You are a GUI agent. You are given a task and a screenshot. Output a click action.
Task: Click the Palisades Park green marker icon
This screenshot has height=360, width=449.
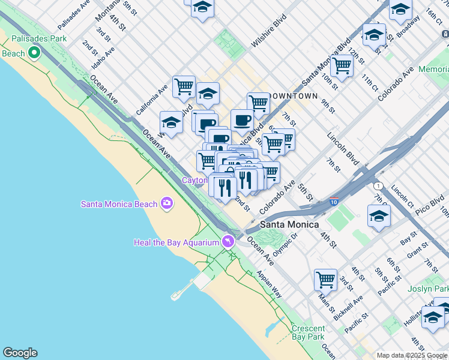34,53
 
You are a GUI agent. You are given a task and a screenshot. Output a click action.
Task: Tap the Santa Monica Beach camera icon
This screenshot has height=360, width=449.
167,204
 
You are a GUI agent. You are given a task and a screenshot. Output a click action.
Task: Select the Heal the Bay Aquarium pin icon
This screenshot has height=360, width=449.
228,242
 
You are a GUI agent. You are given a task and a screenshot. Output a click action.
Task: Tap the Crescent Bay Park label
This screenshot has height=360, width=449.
308,333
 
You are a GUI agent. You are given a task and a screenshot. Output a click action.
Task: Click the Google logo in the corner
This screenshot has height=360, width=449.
20,353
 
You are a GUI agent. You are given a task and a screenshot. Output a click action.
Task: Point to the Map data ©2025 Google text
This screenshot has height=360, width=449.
412,355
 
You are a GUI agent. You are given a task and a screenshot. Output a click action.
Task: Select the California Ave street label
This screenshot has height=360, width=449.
151,100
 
